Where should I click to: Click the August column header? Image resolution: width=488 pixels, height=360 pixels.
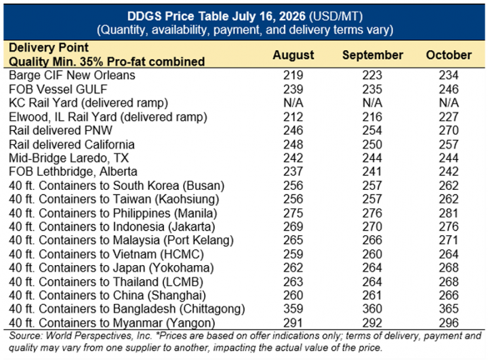(x=293, y=55)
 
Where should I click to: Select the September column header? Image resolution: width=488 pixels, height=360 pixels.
(x=373, y=55)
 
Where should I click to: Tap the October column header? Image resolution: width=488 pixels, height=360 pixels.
(x=449, y=55)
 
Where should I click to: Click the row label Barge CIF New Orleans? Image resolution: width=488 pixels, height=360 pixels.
(x=72, y=75)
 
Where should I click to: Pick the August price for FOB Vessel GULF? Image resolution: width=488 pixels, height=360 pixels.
(x=293, y=89)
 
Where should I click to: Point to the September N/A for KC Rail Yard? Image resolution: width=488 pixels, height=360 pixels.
(x=372, y=103)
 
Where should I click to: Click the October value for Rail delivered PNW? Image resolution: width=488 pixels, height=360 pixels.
(x=449, y=130)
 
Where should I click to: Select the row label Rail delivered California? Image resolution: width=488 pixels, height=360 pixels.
(x=72, y=144)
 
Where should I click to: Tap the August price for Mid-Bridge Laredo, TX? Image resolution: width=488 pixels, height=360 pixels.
(x=293, y=158)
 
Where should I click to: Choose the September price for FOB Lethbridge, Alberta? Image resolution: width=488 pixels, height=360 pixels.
(x=372, y=172)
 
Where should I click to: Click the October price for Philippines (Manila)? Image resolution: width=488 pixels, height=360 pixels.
(x=449, y=214)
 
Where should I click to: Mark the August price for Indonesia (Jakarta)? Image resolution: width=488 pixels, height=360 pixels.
(x=293, y=226)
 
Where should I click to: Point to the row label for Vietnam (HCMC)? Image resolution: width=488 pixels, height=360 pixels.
(x=106, y=254)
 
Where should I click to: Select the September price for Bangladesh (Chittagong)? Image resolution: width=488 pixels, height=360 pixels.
(x=372, y=309)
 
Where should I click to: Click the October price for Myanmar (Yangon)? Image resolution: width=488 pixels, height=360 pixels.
(x=449, y=323)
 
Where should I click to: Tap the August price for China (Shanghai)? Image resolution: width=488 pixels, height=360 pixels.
(x=293, y=295)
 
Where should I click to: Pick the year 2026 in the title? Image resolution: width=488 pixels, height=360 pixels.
(x=292, y=16)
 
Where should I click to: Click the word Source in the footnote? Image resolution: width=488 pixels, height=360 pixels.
(x=26, y=336)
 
